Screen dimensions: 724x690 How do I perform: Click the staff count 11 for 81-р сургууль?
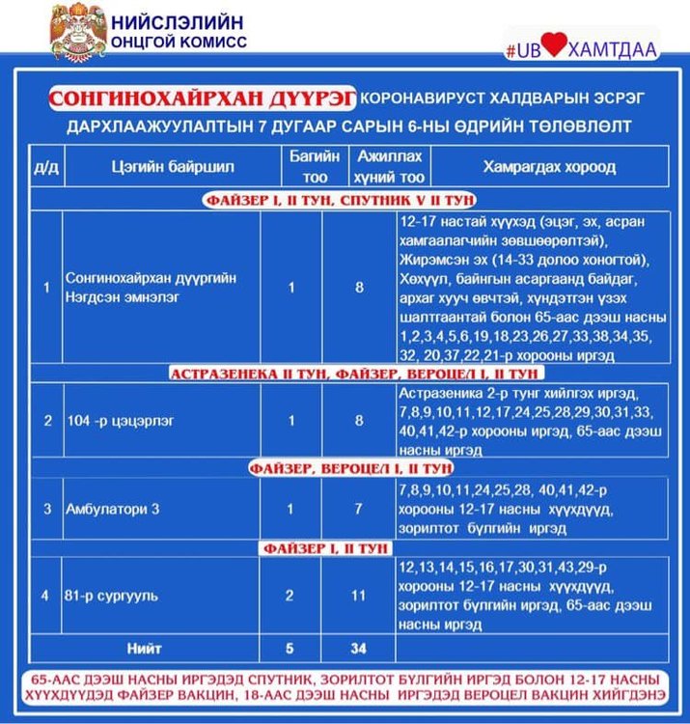358,595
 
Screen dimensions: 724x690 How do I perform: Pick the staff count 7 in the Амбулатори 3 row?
358,508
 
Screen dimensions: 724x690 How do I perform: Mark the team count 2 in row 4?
290,595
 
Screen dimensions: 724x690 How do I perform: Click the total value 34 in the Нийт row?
358,645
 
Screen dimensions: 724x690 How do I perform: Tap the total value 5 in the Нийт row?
290,645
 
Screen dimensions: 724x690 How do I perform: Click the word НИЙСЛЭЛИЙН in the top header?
179,22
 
